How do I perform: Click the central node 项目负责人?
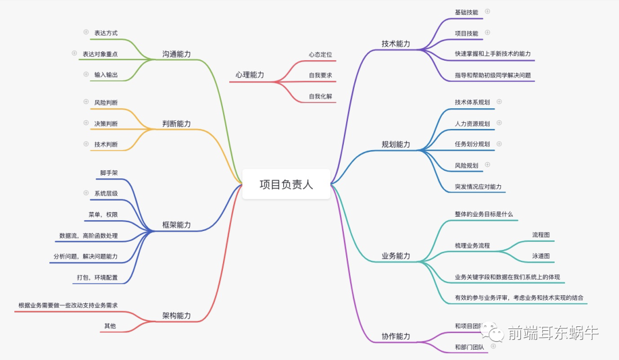[286, 184]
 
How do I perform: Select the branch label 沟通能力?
[176, 54]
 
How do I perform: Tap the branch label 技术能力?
[395, 44]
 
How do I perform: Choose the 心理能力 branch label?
[249, 75]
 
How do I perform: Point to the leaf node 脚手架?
[109, 173]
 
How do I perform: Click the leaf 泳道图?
[540, 256]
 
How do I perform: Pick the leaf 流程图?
[540, 234]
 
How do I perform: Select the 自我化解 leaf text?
[320, 96]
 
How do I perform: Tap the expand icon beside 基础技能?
[488, 11]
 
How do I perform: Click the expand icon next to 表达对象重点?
[74, 53]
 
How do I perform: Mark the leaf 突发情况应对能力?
[478, 187]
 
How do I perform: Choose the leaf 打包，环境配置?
[97, 277]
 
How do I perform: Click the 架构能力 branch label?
[176, 316]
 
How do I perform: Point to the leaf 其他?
[109, 326]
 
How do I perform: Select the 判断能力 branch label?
[176, 124]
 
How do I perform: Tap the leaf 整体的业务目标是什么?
[484, 214]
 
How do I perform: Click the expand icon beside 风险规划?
[488, 165]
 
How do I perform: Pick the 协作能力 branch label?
[395, 336]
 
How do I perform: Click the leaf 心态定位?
[320, 54]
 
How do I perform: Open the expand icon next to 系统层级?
[86, 193]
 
